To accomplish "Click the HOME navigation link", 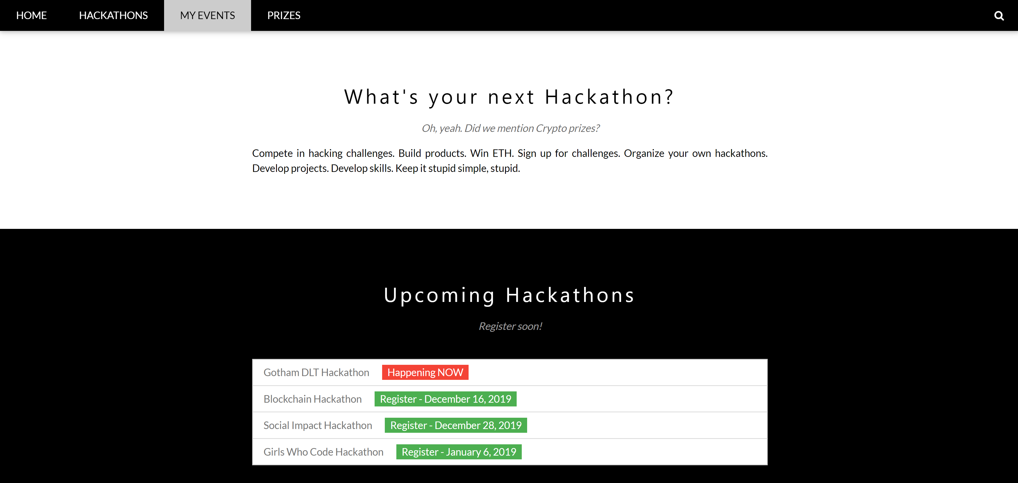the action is click(31, 15).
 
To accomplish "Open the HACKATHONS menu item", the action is click(113, 15).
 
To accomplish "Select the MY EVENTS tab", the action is click(208, 15).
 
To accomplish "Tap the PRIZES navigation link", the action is click(284, 15).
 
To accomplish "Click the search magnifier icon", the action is click(999, 16).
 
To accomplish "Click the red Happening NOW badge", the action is click(425, 372).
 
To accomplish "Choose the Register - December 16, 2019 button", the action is click(445, 399).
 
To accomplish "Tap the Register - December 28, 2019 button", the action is click(456, 425).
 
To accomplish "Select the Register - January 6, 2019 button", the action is click(459, 452).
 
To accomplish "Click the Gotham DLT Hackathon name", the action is click(316, 372).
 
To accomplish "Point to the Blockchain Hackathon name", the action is click(313, 399).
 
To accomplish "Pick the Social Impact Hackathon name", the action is click(318, 425).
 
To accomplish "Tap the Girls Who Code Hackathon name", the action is click(323, 452).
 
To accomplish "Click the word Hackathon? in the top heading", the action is click(609, 97).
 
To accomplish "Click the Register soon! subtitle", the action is click(510, 326).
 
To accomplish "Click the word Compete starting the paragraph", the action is click(272, 153).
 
